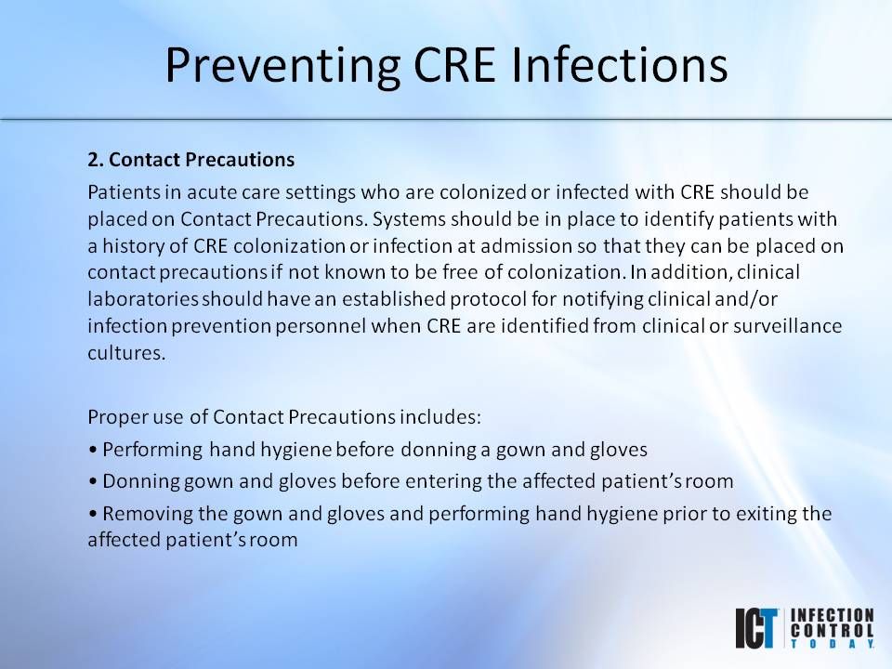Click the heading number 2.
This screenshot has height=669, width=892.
[x=95, y=160]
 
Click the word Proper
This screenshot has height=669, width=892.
[x=113, y=415]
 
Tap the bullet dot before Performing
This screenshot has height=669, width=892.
[x=93, y=451]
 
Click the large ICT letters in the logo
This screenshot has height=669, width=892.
[x=754, y=628]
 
